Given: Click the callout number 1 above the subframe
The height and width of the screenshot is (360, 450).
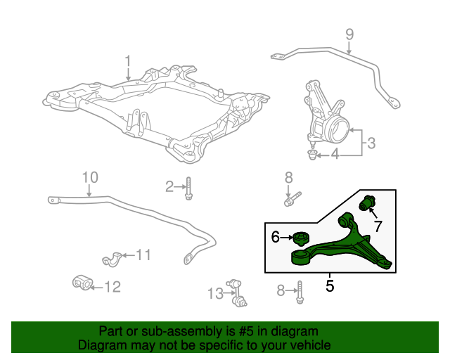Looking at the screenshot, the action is pos(128,61).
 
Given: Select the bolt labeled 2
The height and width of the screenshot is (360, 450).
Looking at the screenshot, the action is pos(188,188).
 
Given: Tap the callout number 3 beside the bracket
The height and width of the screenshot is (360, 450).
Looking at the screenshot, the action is pos(371,143).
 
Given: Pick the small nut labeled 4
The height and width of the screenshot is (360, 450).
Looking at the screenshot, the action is pos(312,155).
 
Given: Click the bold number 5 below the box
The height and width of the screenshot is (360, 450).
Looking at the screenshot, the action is pos(330,286).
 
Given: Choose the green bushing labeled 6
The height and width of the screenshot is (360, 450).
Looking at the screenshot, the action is pos(300,238).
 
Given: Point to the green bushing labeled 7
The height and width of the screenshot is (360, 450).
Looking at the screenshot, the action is pos(368,202).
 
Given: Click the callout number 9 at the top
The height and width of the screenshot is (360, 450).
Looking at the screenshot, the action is pos(349,34).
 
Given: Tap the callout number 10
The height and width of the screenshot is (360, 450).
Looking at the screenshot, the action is pos(90,177).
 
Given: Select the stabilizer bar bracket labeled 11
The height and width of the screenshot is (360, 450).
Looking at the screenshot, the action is pos(112,259).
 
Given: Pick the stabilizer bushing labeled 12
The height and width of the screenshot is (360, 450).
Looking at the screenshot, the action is pos(82,283).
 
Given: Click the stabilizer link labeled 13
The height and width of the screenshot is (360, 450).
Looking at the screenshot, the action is pos(237,293).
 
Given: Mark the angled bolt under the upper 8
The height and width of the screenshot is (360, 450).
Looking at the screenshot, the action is pos(292,199).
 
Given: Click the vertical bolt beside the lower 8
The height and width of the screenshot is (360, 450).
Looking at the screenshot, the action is pos(300,292).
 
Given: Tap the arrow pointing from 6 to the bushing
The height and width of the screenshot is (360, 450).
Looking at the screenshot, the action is pos(286,238).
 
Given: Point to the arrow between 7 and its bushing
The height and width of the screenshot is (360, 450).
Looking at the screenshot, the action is pos(373,214).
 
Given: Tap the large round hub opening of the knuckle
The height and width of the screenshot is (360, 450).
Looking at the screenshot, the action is pos(339,130).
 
